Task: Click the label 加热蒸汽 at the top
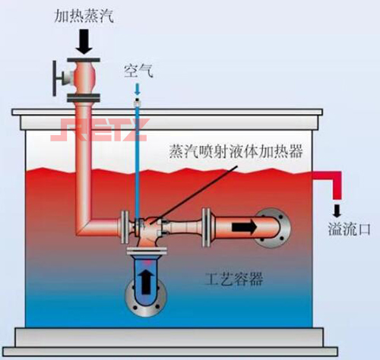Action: (x=85, y=14)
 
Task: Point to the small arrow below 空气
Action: (x=138, y=90)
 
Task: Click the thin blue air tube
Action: (x=137, y=152)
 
